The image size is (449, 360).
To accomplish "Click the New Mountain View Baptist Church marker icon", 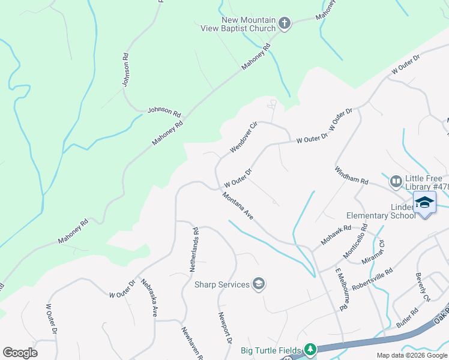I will [285, 24].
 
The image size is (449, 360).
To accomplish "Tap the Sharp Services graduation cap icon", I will [259, 284].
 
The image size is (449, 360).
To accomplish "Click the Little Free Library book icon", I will [396, 181].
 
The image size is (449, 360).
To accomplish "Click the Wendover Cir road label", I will [244, 137].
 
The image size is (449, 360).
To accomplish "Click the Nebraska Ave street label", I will [149, 298].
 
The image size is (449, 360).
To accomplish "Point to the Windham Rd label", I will [351, 176].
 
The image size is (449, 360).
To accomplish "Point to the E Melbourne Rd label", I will [340, 290].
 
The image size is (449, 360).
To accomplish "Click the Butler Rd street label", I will [407, 317].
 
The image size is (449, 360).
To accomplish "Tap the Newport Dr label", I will [225, 328].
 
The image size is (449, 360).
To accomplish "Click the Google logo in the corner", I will [20, 353].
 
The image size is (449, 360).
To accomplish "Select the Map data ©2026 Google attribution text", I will [412, 355].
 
